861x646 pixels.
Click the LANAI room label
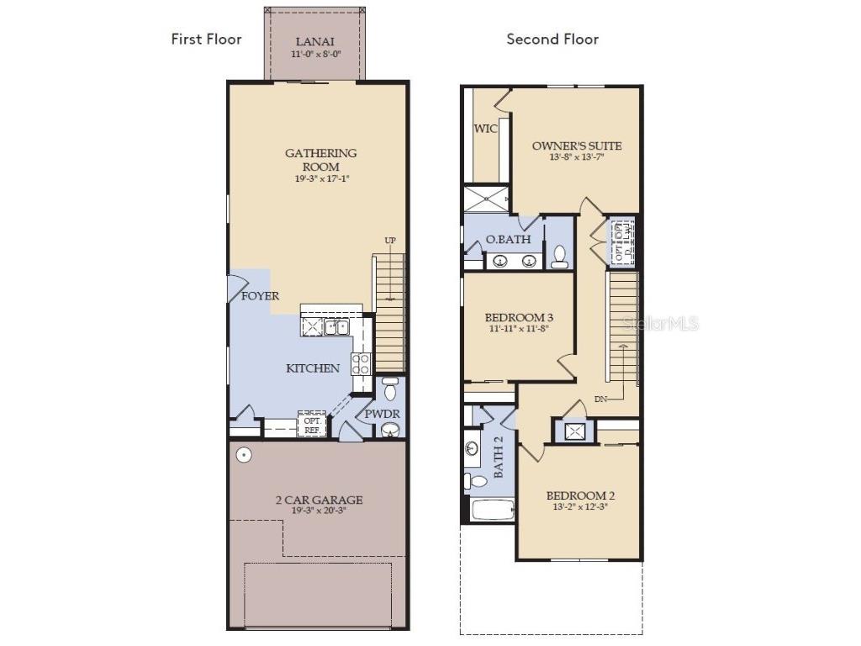tap(314, 41)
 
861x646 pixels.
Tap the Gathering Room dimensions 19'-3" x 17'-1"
tap(321, 179)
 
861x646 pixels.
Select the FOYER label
tap(260, 296)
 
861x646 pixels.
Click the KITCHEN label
tap(313, 368)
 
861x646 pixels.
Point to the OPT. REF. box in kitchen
tap(312, 425)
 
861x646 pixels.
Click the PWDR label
tap(382, 414)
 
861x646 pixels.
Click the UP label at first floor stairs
tap(390, 241)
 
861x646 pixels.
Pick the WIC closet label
tap(486, 129)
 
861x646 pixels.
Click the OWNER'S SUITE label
tap(577, 146)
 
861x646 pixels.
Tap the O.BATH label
tap(509, 240)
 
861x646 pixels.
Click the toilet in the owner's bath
tap(559, 257)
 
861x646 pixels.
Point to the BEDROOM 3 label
tap(518, 317)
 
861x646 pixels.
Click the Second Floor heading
tap(552, 39)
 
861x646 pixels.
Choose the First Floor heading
tap(206, 39)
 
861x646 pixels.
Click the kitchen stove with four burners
tap(361, 363)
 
